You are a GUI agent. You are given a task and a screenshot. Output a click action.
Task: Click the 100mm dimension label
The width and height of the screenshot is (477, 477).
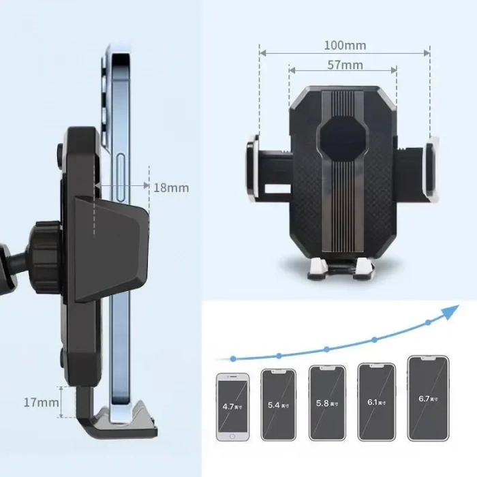344,46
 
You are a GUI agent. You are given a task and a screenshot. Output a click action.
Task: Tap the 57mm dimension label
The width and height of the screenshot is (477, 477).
344,65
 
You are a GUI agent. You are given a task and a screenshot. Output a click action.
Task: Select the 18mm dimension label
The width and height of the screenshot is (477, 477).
170,187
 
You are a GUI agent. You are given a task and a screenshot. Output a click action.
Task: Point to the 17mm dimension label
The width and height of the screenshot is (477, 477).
41,402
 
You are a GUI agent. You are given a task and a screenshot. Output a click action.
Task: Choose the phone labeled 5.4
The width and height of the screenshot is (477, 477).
278,404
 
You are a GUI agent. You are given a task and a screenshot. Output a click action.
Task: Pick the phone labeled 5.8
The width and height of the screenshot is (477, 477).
326,403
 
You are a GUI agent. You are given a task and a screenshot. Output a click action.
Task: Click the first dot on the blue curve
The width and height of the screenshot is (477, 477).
233,358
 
